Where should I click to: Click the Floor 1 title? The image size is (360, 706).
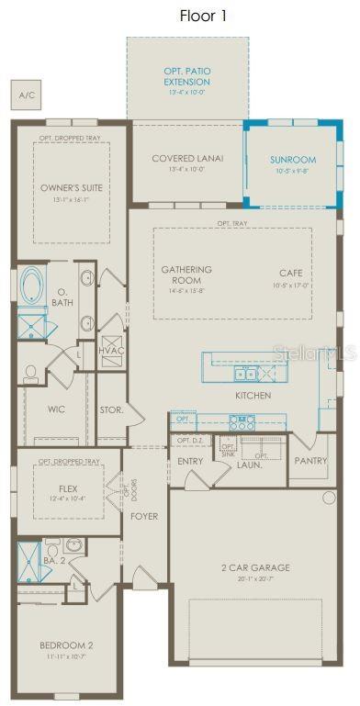coord(202,16)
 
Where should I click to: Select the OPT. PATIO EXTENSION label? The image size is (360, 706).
coord(186,76)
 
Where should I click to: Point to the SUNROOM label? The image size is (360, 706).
coord(293,160)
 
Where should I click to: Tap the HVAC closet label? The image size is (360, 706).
coord(110,351)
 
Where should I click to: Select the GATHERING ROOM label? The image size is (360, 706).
coord(186,275)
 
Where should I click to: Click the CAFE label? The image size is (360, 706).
coord(291,274)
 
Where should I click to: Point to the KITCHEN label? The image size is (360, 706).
coord(253,396)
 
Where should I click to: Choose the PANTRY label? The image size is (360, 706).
coord(310,460)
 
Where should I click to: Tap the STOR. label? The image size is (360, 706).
coord(111,409)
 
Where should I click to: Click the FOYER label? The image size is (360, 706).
coord(144,516)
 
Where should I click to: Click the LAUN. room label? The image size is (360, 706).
coord(250,465)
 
